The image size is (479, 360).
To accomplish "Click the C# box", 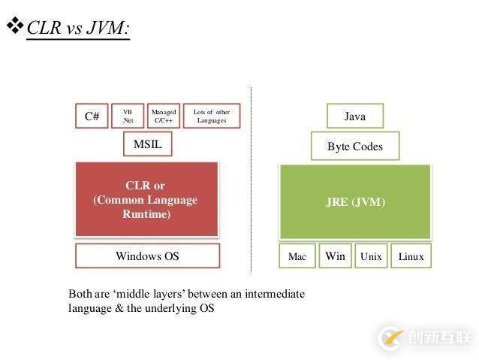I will point(92,116).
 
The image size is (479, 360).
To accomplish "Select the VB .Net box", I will point(128,116).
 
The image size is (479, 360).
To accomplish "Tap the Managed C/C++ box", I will point(164,116).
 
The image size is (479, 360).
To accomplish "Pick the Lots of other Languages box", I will point(212,116).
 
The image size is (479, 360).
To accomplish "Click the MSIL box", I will point(147,144).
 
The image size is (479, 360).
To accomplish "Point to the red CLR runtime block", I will point(147,199).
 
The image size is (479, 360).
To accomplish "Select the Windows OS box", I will point(147,256).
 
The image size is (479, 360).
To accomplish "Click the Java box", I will point(354,116).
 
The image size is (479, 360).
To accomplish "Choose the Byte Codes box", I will point(354,147).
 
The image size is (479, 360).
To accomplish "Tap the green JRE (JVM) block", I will point(355,201).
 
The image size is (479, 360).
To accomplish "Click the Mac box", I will point(297,256).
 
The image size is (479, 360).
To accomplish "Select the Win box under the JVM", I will point(335,256).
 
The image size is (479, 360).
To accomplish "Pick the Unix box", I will point(371,256).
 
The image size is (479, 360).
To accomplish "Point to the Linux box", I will point(411,256).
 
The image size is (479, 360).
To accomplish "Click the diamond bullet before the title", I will point(15,26).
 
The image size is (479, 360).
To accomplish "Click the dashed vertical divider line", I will point(251,180).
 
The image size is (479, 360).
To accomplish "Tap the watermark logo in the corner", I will point(391,336).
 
